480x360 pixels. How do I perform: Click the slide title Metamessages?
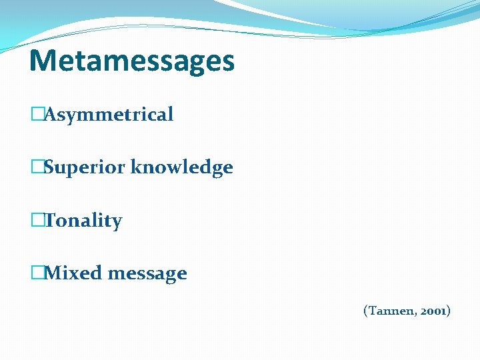132,61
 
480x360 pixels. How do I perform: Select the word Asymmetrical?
109,115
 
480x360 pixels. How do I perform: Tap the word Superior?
85,167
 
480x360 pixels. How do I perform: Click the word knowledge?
182,167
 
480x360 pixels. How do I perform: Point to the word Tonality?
83,221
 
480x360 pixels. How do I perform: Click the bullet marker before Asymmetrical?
37,115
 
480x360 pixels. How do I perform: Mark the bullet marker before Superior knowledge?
37,167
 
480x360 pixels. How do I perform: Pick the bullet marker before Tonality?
37,221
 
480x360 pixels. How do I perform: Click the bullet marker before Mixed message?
37,273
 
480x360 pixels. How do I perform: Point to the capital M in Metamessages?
42,61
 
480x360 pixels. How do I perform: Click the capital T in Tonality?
50,221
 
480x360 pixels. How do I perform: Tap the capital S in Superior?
49,167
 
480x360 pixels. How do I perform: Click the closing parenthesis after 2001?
449,311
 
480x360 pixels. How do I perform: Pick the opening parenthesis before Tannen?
365,311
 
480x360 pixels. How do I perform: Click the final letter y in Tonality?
117,223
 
